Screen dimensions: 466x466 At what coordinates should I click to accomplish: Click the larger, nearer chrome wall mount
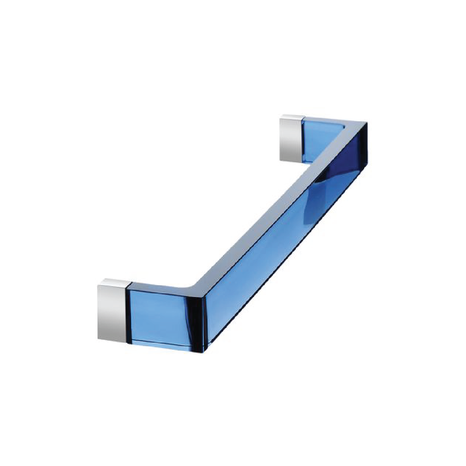pyautogui.click(x=112, y=311)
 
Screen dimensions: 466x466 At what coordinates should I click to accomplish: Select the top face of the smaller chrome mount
pyautogui.click(x=291, y=118)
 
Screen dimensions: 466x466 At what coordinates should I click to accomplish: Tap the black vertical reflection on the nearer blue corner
pyautogui.click(x=200, y=321)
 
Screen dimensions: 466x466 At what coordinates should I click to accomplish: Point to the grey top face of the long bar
pyautogui.click(x=277, y=203)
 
